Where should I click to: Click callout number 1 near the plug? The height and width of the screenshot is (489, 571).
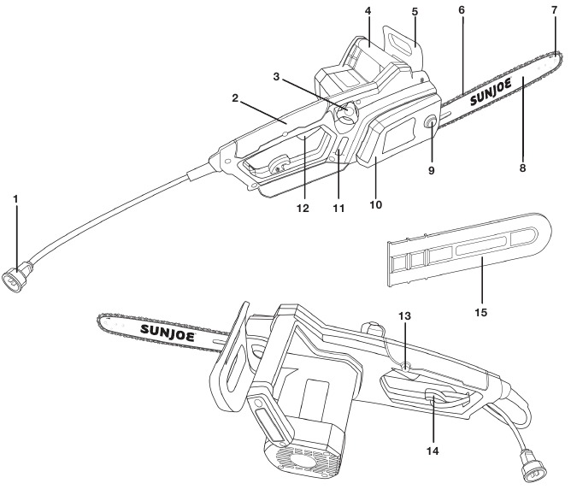(15, 199)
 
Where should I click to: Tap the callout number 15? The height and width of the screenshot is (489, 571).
(481, 312)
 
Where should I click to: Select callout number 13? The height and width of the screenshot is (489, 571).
(404, 315)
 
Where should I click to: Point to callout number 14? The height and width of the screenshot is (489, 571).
(433, 451)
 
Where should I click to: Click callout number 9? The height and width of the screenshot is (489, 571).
(432, 170)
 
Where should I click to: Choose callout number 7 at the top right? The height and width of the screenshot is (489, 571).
(554, 10)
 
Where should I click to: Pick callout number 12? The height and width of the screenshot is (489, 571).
(303, 209)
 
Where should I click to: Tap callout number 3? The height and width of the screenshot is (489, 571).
(276, 77)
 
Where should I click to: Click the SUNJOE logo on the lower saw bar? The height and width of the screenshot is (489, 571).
(168, 333)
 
